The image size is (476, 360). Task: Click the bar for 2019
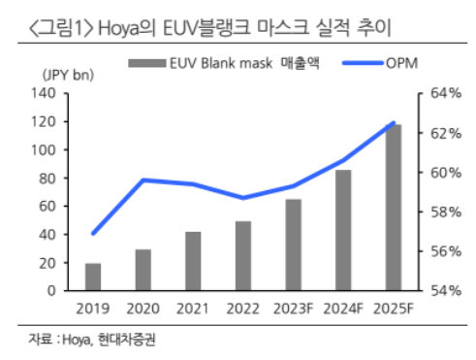click(x=93, y=278)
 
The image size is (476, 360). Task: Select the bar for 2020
click(x=143, y=270)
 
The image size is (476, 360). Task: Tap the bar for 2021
click(x=193, y=261)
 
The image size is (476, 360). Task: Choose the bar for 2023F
click(x=293, y=245)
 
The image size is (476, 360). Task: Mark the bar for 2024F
click(x=343, y=230)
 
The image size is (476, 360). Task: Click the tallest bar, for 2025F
click(x=393, y=208)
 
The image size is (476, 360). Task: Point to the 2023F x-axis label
click(x=293, y=308)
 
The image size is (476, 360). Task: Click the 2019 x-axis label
click(x=93, y=308)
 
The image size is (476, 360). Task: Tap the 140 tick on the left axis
click(x=45, y=94)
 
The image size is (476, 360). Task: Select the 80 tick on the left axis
click(x=48, y=179)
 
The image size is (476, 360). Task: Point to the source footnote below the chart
click(x=92, y=340)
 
